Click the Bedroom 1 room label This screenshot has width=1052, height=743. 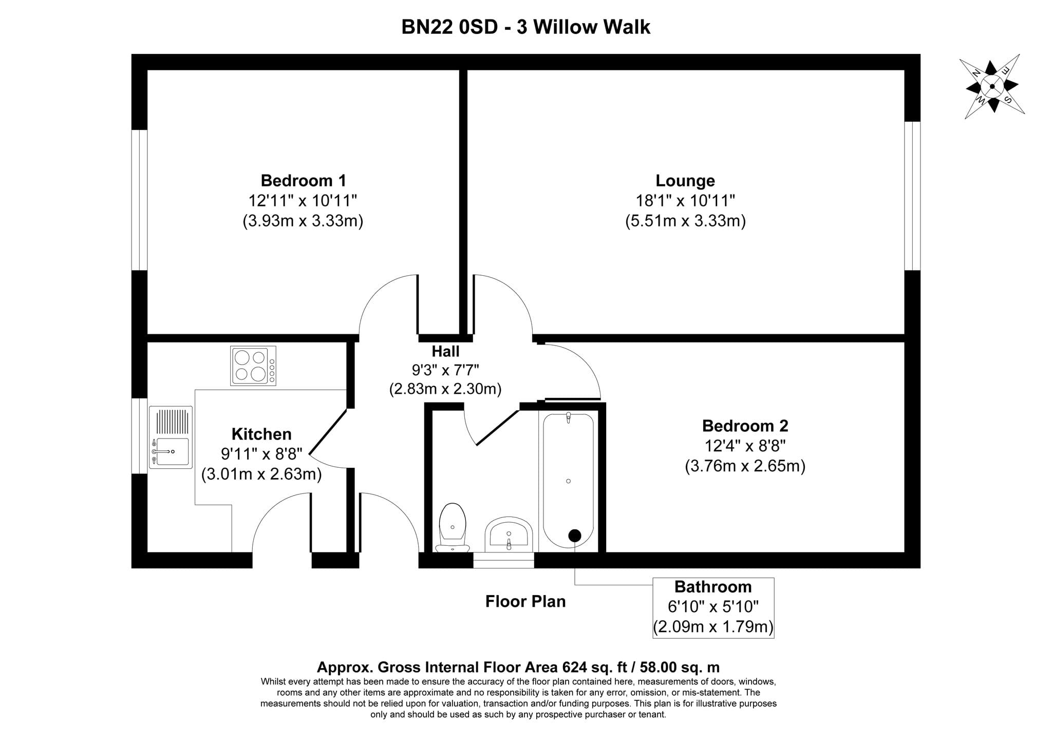tap(303, 181)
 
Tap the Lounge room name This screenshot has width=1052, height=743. tap(685, 181)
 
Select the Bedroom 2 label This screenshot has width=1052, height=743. tap(745, 426)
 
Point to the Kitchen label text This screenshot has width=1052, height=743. tap(261, 434)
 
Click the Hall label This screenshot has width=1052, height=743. tap(445, 351)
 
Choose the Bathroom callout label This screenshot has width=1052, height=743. tap(713, 586)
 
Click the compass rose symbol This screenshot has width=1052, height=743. tap(992, 87)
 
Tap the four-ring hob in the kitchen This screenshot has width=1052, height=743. tap(253, 366)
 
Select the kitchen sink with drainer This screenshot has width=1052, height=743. tap(171, 437)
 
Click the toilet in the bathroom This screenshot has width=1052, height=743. tap(452, 527)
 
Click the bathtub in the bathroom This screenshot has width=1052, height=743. tap(568, 481)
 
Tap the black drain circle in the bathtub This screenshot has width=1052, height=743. tap(574, 536)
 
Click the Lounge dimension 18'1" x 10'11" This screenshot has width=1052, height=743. tap(685, 200)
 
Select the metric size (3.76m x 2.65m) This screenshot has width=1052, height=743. tap(745, 466)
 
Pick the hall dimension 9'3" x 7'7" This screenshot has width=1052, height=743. tap(445, 370)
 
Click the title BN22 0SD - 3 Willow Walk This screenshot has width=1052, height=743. tap(526, 27)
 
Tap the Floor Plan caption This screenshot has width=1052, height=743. tap(525, 601)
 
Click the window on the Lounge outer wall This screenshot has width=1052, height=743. tap(912, 196)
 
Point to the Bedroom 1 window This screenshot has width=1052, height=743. tap(140, 200)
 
